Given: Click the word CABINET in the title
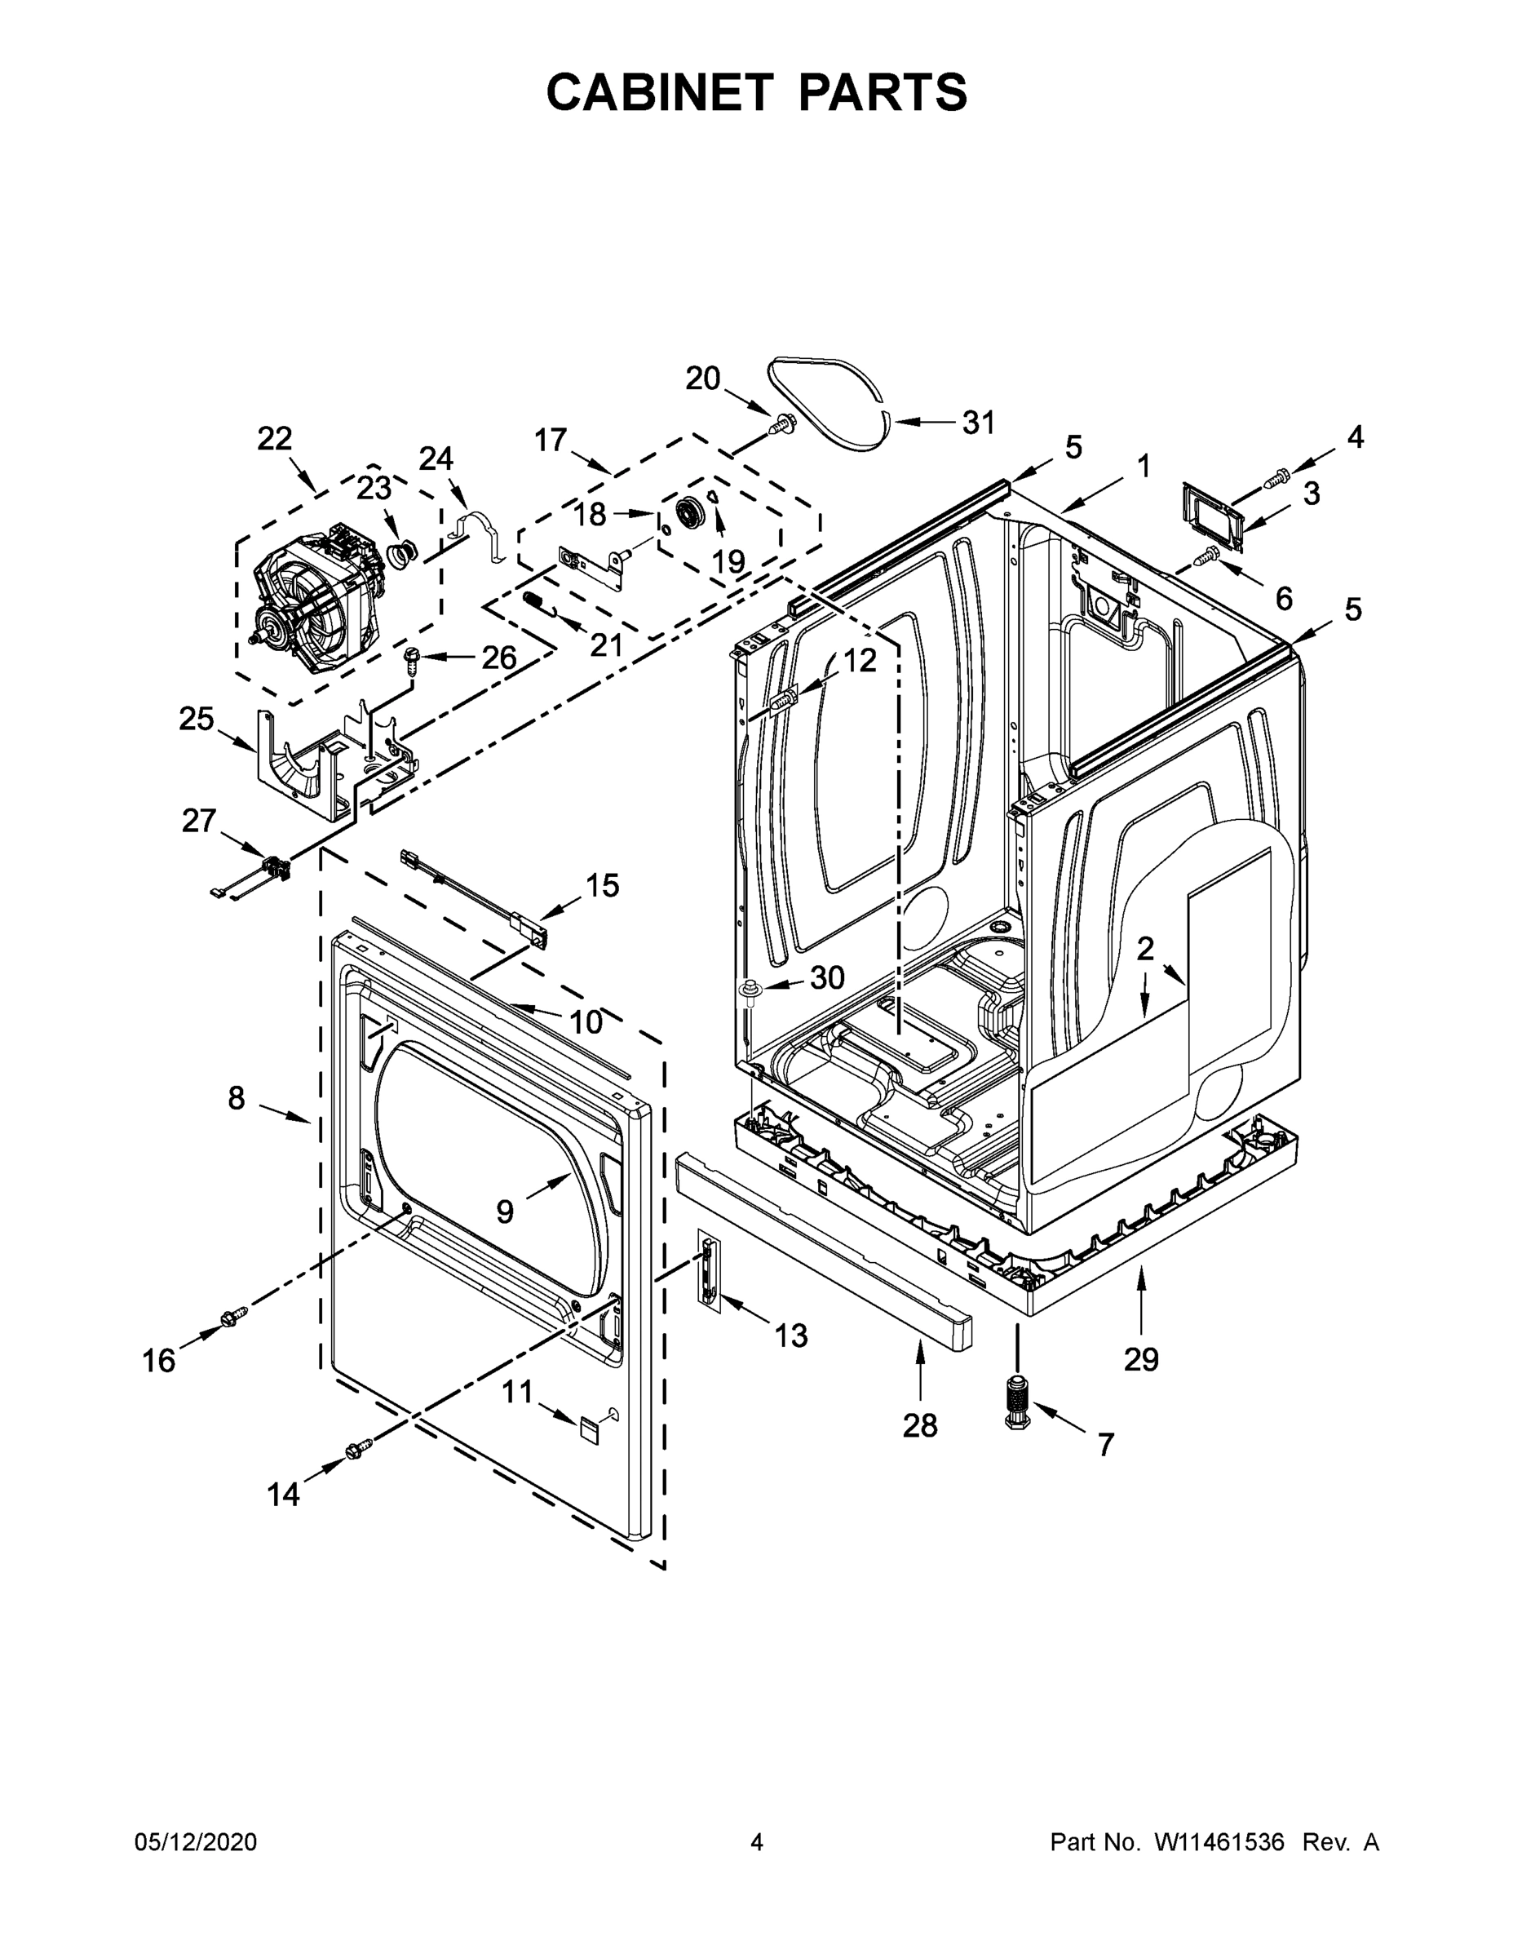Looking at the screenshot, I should (x=660, y=91).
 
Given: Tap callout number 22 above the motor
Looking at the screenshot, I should (x=274, y=438).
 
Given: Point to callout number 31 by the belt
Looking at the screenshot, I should (x=978, y=423).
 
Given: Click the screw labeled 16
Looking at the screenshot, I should (x=232, y=1314).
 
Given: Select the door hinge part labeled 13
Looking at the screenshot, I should (x=709, y=1270).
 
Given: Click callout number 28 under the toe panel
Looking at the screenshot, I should (x=920, y=1424).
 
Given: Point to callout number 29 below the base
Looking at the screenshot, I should (x=1141, y=1359).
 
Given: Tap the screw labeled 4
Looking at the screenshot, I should (x=1276, y=479).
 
